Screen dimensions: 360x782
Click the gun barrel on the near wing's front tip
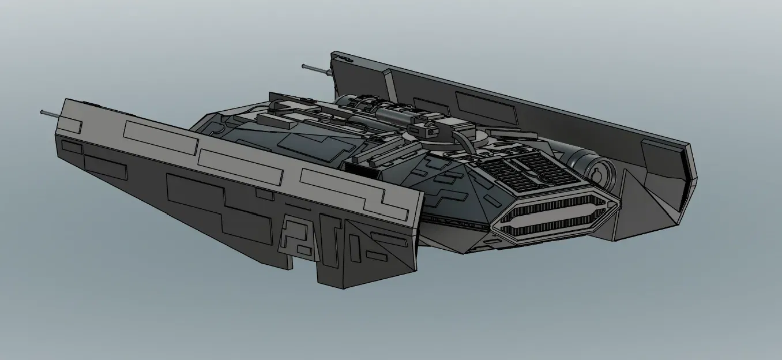pos(48,113)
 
